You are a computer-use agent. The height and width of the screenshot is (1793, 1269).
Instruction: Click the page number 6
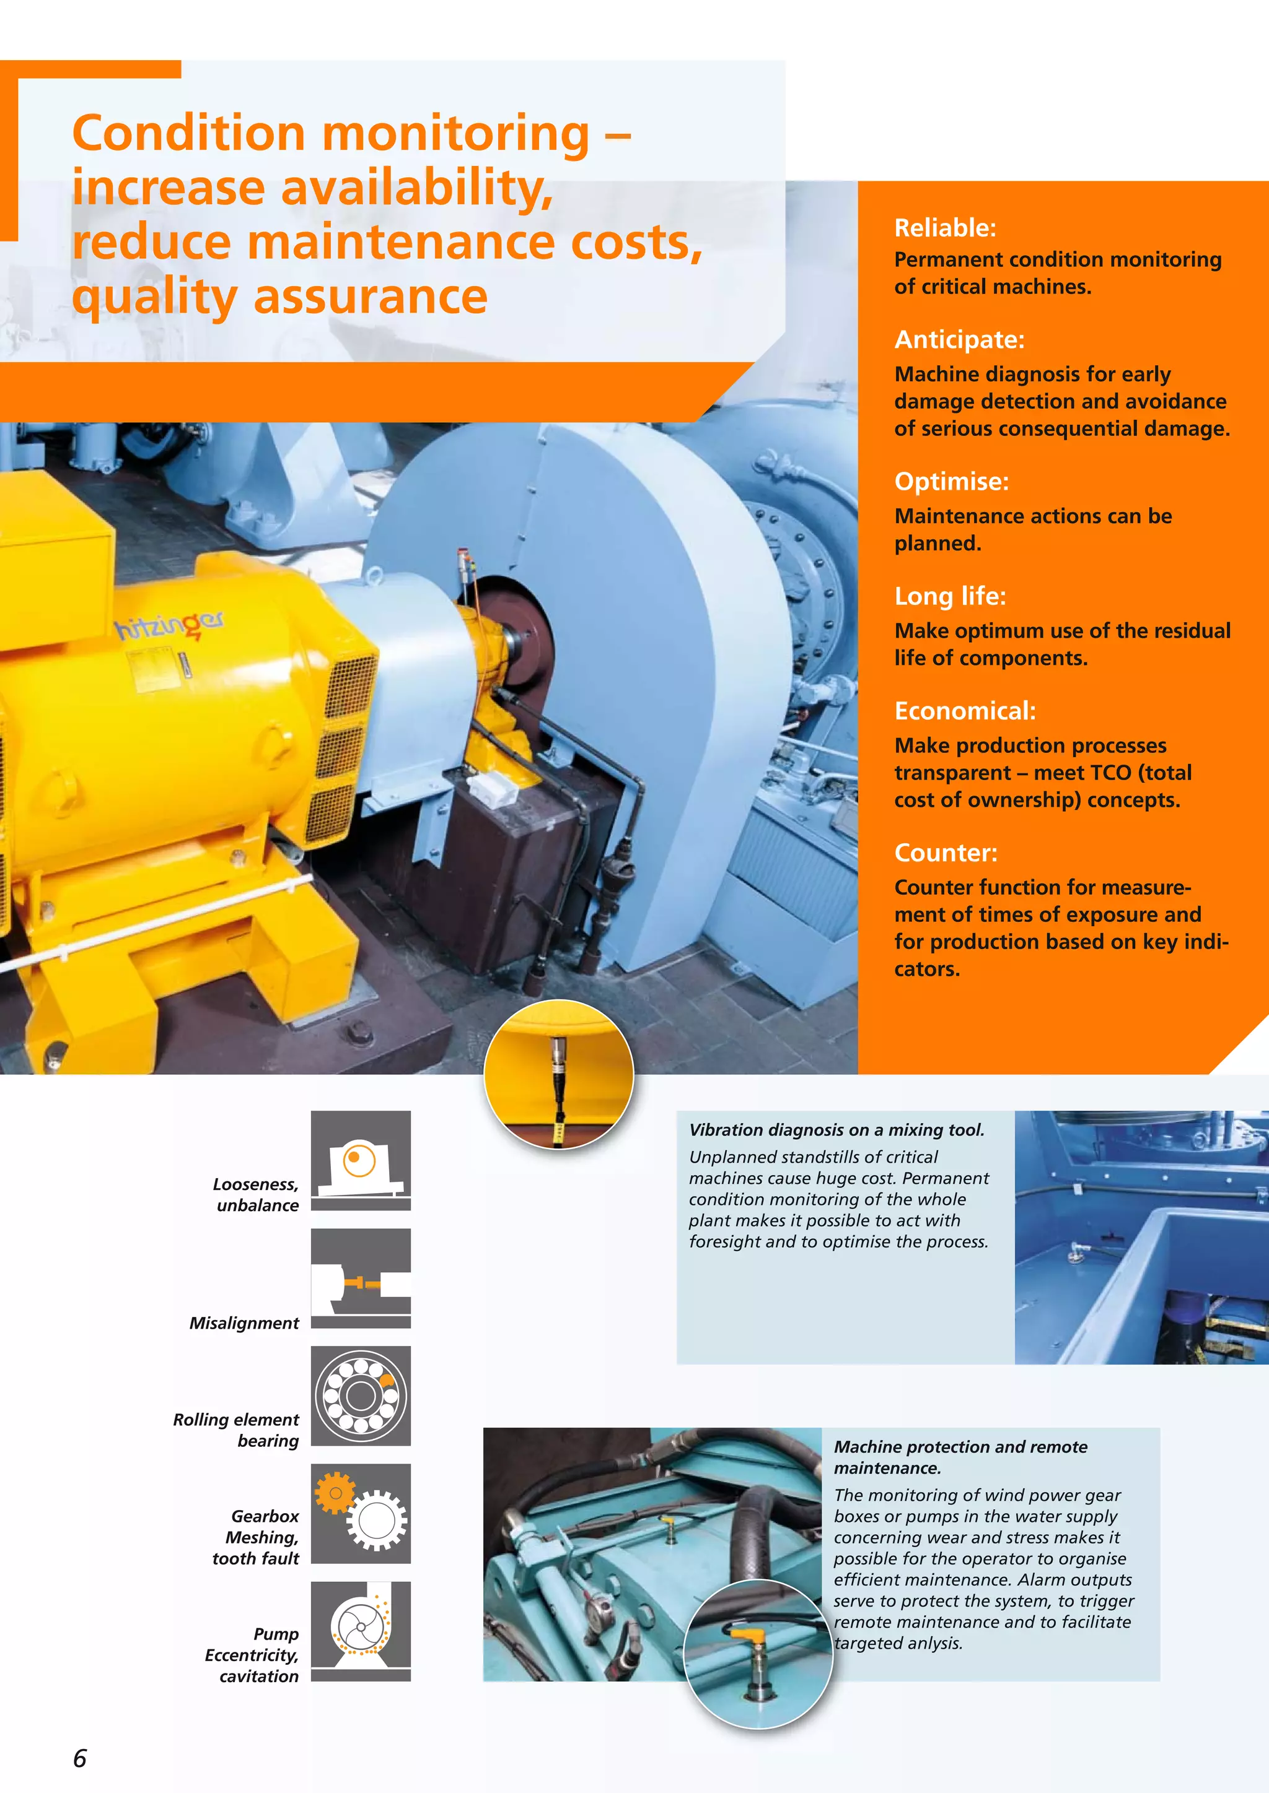80,1757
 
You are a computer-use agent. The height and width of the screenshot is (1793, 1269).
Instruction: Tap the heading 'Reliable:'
945,228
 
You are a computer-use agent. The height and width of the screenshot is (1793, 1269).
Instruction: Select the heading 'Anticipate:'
959,340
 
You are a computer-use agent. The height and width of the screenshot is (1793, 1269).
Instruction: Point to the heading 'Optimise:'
951,481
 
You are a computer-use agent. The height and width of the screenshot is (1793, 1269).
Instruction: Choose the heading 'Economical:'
964,711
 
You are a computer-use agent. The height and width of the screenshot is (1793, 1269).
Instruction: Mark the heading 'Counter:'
946,852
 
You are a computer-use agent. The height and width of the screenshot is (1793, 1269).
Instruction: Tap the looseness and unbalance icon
360,1160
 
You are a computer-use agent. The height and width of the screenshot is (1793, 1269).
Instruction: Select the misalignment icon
360,1278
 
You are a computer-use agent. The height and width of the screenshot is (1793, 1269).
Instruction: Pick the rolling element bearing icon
360,1396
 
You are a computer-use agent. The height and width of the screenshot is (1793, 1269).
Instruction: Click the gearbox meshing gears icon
360,1513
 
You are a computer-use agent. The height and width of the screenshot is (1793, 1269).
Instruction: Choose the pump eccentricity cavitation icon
360,1631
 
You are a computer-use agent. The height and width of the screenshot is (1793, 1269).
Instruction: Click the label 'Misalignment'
244,1323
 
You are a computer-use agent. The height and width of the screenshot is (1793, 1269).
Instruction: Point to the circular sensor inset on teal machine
757,1653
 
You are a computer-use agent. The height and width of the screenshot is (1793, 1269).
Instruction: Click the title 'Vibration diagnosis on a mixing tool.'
836,1129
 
